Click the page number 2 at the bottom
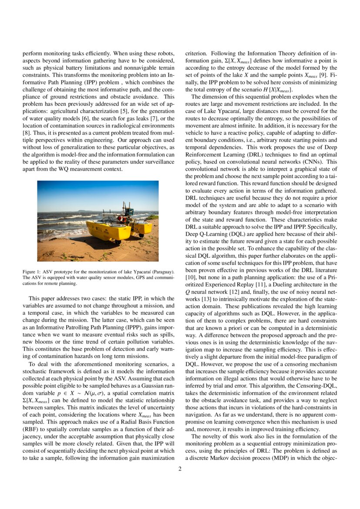(x=180, y=469)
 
